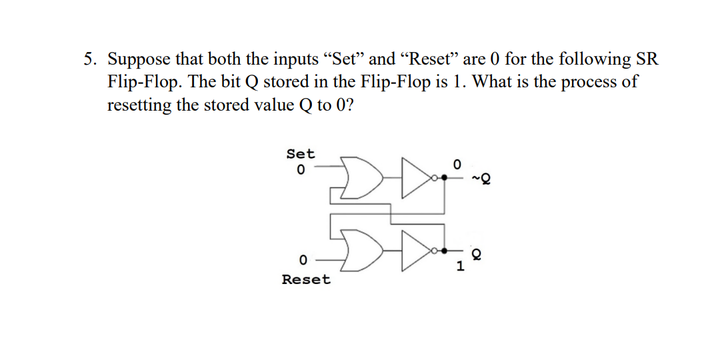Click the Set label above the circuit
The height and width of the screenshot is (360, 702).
(x=300, y=154)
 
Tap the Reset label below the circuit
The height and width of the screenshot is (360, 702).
(x=305, y=279)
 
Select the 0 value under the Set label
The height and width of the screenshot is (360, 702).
(x=300, y=171)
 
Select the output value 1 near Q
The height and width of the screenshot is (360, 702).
(x=459, y=267)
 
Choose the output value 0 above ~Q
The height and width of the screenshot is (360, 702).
(x=457, y=163)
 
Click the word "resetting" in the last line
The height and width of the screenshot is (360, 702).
(x=139, y=105)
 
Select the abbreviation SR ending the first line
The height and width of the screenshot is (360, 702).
(x=647, y=59)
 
